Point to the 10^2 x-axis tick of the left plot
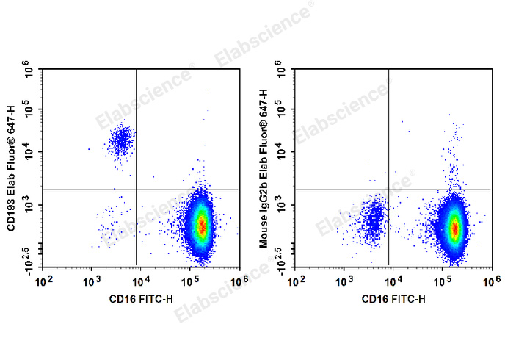[44, 279]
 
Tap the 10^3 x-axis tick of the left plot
[92, 279]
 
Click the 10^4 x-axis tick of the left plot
[141, 279]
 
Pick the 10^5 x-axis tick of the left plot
[190, 279]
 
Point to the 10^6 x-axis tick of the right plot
[490, 279]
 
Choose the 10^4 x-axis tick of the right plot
[393, 279]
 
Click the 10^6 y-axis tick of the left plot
[29, 71]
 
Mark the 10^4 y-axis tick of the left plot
[29, 153]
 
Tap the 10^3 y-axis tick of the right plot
[281, 208]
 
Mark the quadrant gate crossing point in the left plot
[137, 190]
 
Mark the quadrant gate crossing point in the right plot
[388, 190]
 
